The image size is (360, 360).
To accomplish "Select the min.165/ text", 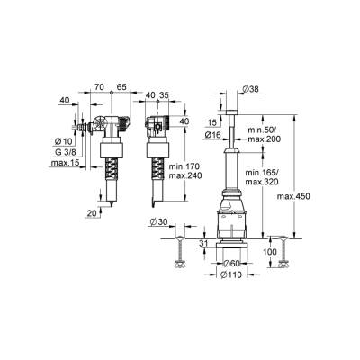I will [264, 171].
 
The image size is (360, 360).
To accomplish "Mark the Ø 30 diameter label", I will [157, 221].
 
